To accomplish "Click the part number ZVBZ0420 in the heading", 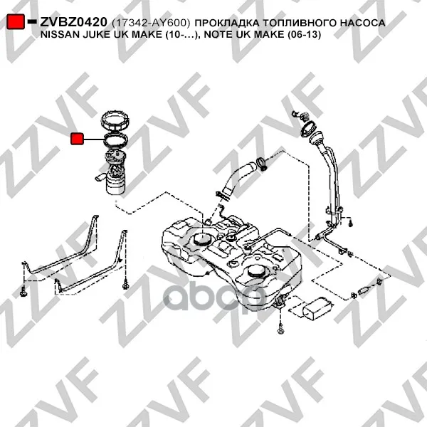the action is pyautogui.click(x=73, y=22).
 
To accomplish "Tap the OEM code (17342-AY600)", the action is pyautogui.click(x=151, y=23).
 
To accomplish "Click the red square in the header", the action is pyautogui.click(x=16, y=21).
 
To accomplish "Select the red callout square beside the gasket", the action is pyautogui.click(x=77, y=139).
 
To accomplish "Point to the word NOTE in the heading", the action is pyautogui.click(x=218, y=35).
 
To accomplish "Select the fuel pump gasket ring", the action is pyautogui.click(x=115, y=139).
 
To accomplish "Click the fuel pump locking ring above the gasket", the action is pyautogui.click(x=115, y=121).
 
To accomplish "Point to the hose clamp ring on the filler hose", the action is pyautogui.click(x=262, y=164).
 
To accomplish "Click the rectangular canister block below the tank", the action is pyautogui.click(x=317, y=310).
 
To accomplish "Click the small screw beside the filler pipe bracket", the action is pyautogui.click(x=351, y=223).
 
